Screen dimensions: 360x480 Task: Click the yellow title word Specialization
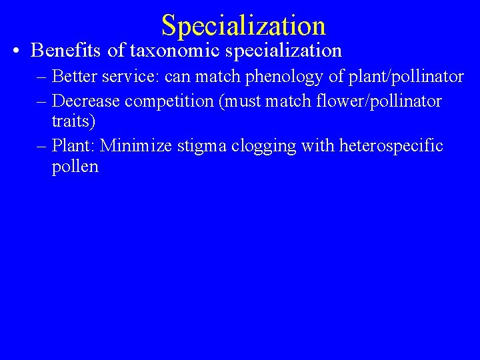pos(243,25)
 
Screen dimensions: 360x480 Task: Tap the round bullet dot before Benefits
pos(15,51)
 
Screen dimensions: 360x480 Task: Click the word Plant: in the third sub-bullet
pos(73,145)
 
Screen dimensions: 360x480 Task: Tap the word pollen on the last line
pos(75,167)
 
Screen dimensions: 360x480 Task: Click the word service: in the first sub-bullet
pos(129,77)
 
